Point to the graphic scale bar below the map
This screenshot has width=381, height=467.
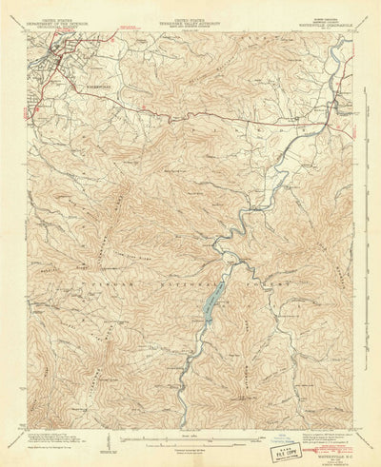click(x=191, y=438)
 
